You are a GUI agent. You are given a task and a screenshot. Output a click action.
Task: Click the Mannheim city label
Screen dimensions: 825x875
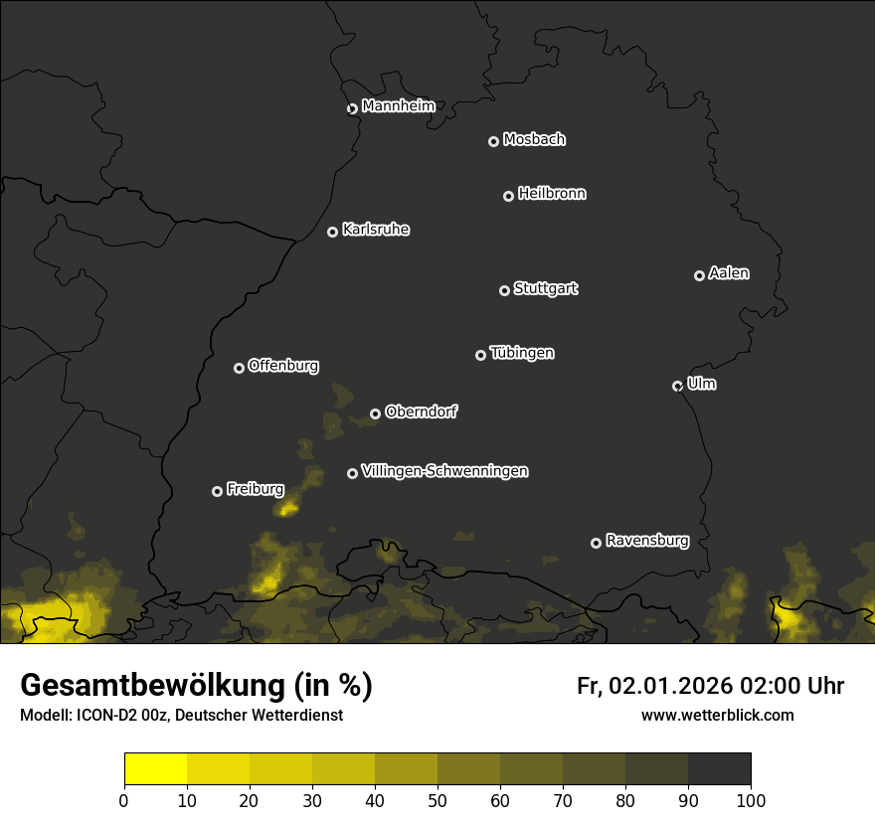click(399, 105)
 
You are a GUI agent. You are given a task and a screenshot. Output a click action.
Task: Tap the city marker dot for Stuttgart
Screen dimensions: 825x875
click(504, 290)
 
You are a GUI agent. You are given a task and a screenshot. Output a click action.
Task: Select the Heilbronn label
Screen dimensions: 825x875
click(552, 193)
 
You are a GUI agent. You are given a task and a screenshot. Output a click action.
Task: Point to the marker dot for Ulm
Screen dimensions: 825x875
click(677, 386)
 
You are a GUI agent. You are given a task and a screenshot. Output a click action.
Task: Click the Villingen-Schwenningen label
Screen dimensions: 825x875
click(444, 470)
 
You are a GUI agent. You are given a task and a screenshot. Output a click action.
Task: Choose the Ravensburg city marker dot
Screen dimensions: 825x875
click(596, 543)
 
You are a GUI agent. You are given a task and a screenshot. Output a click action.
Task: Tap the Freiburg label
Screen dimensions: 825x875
click(256, 488)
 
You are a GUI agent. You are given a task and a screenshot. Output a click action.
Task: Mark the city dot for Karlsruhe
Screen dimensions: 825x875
click(332, 232)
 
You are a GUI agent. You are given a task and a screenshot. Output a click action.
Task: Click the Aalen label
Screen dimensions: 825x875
click(729, 272)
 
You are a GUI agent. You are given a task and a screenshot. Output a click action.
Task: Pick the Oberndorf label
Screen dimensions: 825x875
click(421, 412)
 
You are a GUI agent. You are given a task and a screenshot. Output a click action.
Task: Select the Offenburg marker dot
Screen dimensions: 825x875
click(239, 368)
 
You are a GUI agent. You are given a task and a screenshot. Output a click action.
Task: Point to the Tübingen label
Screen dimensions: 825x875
click(522, 352)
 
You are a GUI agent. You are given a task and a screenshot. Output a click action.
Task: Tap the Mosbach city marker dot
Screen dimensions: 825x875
click(492, 141)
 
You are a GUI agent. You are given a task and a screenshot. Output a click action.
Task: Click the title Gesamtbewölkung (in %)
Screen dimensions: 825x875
click(196, 686)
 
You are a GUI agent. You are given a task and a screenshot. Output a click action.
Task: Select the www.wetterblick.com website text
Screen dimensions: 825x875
click(717, 715)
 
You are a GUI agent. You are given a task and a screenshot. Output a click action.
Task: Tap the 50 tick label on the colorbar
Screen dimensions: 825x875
click(437, 799)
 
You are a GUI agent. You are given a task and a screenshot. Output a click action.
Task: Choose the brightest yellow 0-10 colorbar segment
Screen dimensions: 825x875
click(155, 769)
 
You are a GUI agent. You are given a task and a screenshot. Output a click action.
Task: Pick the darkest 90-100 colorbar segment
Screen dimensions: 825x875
click(719, 769)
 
